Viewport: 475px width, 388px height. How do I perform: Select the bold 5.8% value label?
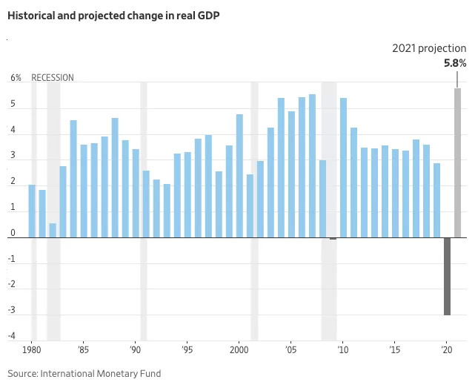coord(454,64)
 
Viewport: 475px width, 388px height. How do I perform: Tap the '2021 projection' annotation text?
coord(429,48)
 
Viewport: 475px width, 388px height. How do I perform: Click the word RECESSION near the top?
coord(53,78)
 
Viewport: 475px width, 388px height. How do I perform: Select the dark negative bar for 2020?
coord(447,276)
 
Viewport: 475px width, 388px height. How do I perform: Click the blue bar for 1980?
coord(32,211)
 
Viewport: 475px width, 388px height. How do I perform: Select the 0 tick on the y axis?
coord(13,234)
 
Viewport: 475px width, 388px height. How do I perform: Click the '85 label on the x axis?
coord(83,349)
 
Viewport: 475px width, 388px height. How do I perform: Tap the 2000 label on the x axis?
coord(239,349)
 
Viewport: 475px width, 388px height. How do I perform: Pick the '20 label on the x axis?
coord(446,349)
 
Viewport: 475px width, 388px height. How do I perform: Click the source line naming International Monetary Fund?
coord(84,373)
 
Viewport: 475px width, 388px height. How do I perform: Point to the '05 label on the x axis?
coord(290,349)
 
